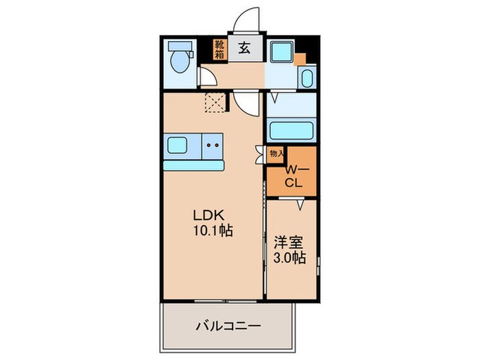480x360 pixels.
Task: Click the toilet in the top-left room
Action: (x=180, y=60)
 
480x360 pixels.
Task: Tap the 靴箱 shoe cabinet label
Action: (x=219, y=50)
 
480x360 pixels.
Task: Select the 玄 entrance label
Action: (x=245, y=48)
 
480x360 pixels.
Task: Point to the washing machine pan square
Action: (x=281, y=53)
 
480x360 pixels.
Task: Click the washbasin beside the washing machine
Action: (x=307, y=78)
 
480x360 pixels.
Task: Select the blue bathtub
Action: (x=291, y=130)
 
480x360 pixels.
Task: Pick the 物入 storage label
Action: (x=276, y=154)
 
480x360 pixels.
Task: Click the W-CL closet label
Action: (x=294, y=176)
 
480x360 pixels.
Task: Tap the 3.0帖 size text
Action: (x=291, y=259)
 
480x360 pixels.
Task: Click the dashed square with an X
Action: (x=215, y=102)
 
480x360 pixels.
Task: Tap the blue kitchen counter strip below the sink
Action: (x=194, y=165)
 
